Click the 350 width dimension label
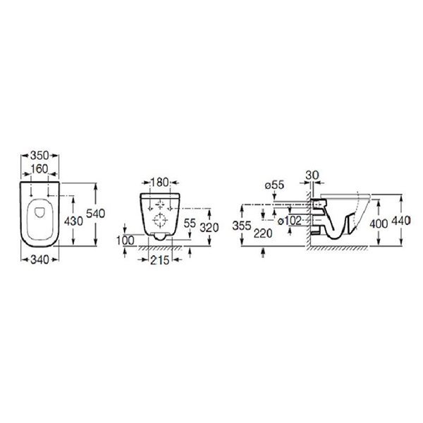[39, 156]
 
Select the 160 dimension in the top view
[39, 169]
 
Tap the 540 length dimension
[95, 214]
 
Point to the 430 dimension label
[73, 221]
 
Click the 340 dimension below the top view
[39, 259]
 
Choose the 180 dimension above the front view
[159, 183]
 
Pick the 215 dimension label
[159, 260]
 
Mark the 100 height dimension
[125, 240]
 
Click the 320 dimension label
[209, 228]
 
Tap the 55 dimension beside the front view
[190, 223]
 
